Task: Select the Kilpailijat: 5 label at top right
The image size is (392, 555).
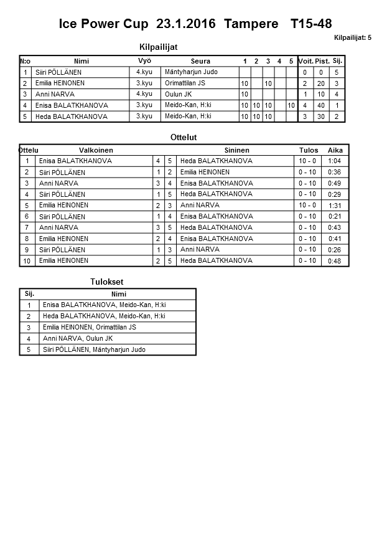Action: tap(352, 38)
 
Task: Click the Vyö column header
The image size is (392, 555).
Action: tap(144, 60)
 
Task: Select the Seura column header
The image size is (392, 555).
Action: tap(200, 61)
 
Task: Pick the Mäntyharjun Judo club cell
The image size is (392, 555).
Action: tap(191, 72)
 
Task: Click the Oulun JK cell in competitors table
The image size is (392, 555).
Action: tap(179, 94)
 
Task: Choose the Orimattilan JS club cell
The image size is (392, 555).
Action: tap(186, 83)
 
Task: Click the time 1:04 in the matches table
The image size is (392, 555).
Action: tap(334, 161)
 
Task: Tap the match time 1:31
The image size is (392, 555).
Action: tap(334, 206)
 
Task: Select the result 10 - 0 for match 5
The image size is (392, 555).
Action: tap(307, 205)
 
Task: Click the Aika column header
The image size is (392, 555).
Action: tap(335, 150)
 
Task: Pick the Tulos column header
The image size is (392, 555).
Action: tap(309, 150)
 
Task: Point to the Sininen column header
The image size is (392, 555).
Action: tap(236, 150)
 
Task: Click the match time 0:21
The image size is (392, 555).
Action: tap(334, 217)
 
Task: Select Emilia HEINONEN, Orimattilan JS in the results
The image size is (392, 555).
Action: tap(89, 327)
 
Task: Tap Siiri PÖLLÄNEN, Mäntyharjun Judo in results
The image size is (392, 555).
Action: tap(94, 349)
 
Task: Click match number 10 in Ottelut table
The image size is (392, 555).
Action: tap(27, 261)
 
